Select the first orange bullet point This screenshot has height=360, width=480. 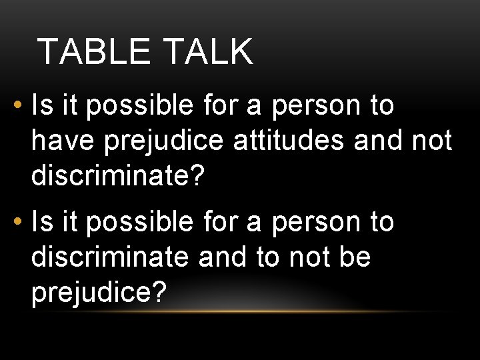pos(16,106)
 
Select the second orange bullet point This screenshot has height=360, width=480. pos(16,223)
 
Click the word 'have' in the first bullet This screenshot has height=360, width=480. pos(59,141)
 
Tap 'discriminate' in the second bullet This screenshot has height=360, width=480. pos(110,257)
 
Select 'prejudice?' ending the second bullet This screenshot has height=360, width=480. pos(98,293)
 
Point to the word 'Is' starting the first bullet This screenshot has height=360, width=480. pos(43,106)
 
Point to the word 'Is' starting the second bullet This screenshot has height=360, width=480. pos(43,223)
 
